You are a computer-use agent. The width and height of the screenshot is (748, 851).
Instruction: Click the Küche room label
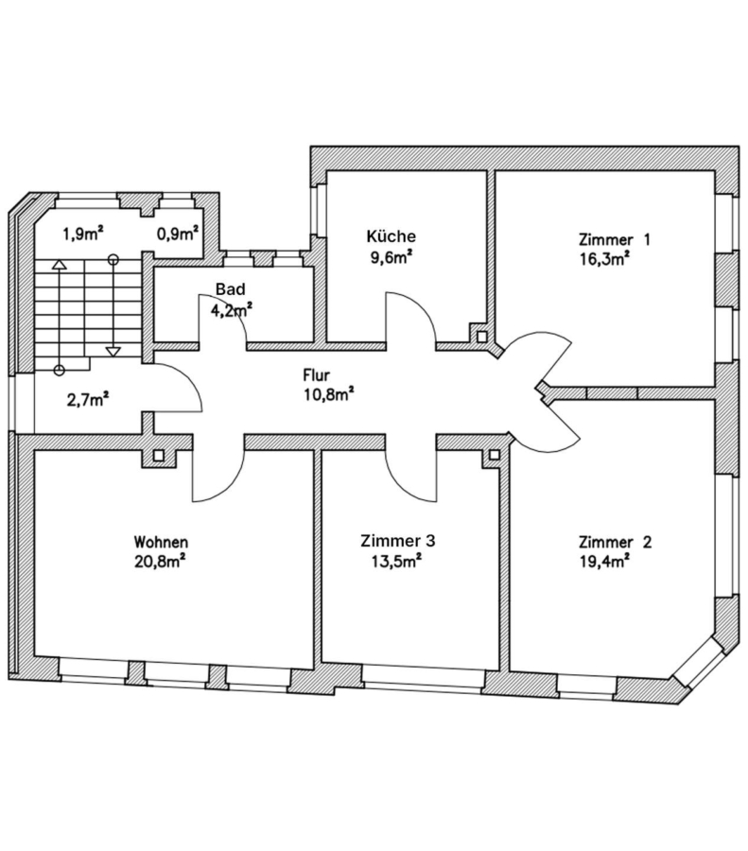point(391,236)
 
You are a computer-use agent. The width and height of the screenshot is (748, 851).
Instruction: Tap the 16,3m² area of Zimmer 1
point(604,258)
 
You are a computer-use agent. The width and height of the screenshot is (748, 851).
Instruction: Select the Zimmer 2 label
point(615,542)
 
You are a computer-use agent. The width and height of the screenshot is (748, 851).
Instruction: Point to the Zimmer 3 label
point(397,541)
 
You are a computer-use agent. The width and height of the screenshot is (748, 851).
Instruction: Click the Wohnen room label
point(161,542)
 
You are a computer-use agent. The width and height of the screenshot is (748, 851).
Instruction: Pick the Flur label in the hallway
point(317,375)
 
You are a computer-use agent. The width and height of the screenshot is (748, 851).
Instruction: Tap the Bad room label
point(230,288)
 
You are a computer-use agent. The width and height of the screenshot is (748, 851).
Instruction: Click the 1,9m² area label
point(83,234)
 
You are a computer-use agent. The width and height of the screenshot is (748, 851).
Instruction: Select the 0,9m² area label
point(178,234)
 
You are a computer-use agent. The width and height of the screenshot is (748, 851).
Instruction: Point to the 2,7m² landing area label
point(88,400)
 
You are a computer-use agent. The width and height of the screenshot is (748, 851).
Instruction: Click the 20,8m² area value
point(160,561)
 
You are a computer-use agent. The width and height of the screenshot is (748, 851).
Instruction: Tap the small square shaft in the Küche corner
point(481,336)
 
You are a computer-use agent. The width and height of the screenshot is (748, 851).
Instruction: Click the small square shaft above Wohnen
point(158,455)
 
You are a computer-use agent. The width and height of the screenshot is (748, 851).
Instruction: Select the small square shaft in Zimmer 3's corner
point(495,454)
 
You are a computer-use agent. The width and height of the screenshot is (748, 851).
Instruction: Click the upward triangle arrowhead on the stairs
point(60,265)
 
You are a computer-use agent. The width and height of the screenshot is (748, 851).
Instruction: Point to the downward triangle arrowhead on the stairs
point(113,351)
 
